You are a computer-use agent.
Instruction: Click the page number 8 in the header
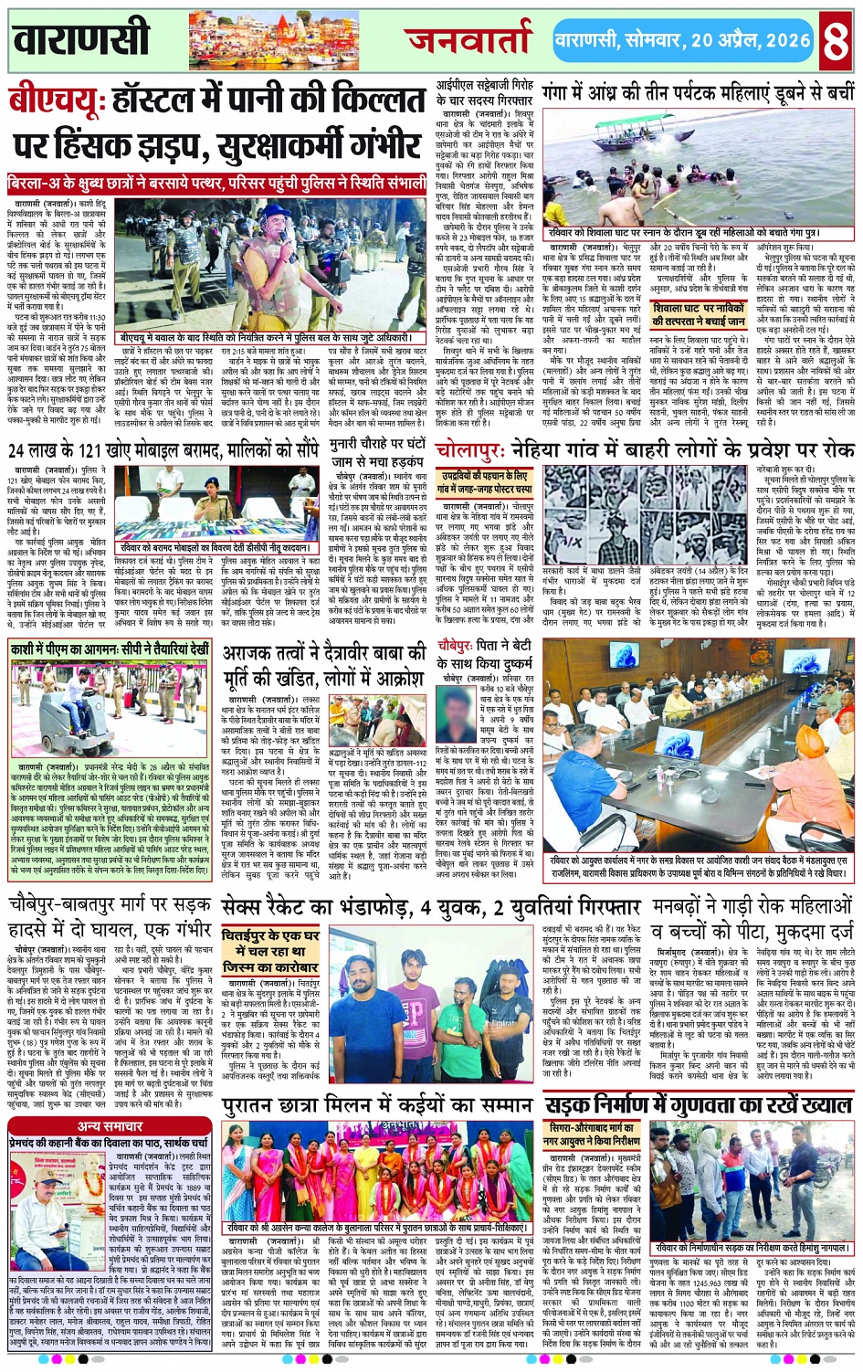tap(836, 41)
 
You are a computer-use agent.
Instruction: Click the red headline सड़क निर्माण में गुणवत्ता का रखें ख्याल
tap(699, 1105)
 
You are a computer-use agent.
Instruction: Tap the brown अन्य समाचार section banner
tap(111, 1126)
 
